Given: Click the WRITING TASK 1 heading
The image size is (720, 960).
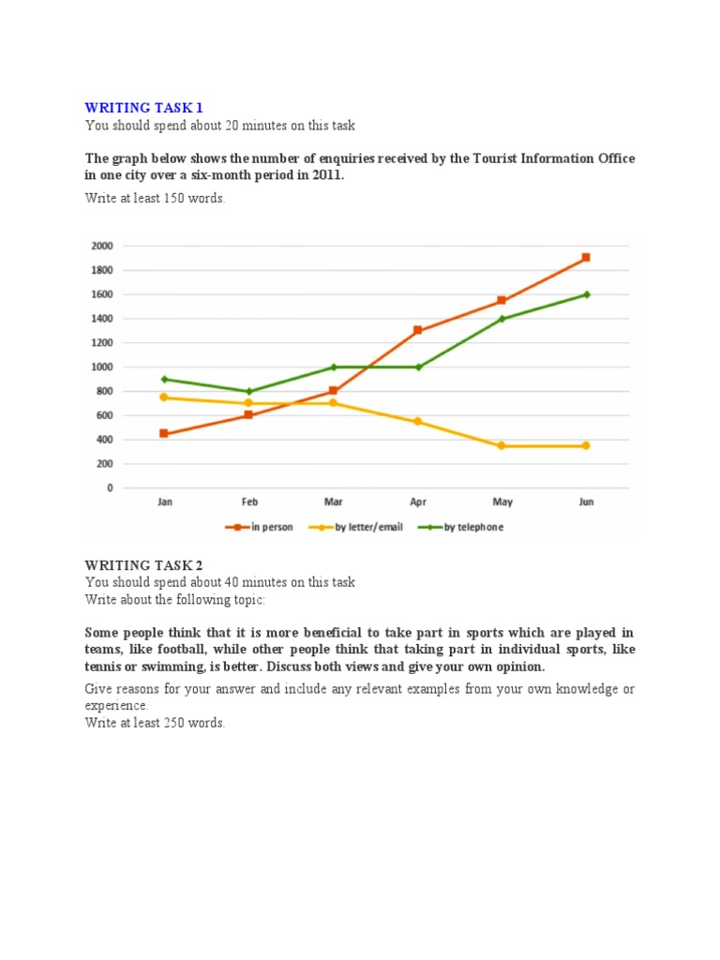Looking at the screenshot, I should (x=143, y=108).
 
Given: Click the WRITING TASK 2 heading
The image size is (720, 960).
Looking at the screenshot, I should (x=143, y=564).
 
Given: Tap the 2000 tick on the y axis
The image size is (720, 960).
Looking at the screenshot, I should (x=101, y=246).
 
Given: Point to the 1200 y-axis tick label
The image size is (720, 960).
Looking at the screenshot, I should (x=101, y=343).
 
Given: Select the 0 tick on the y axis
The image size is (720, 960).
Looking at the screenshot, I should (x=109, y=488).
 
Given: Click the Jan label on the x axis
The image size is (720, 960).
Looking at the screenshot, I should (x=165, y=502).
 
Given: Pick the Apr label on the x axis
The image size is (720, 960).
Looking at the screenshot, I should (x=417, y=502).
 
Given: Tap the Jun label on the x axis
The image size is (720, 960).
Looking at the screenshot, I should (x=586, y=502).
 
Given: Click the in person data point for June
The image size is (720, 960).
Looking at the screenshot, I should (x=586, y=257).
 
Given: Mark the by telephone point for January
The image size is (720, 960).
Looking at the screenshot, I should (x=165, y=380).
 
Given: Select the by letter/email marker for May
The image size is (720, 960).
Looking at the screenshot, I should (x=502, y=446).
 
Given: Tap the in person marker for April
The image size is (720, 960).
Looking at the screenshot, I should (x=417, y=330).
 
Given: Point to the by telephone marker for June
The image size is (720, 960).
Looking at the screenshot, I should (x=586, y=294).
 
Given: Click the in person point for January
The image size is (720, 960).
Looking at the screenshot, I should (x=165, y=434).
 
